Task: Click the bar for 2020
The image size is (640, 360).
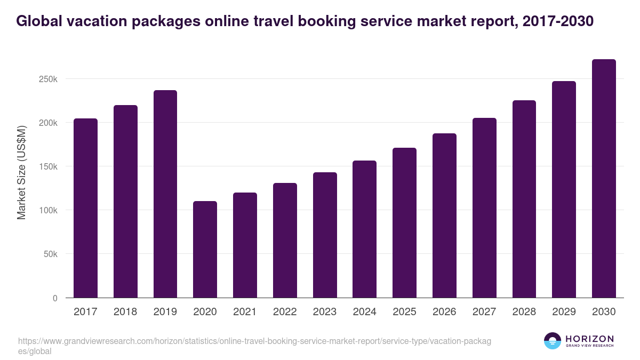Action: [x=205, y=249]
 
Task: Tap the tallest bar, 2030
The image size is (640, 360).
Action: [x=604, y=178]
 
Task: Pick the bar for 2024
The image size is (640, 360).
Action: [x=364, y=229]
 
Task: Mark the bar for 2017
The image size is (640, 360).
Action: [x=85, y=208]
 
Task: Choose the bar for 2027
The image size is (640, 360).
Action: [x=484, y=207]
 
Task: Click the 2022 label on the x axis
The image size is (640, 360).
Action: [x=285, y=312]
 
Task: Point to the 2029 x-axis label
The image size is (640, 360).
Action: [x=564, y=312]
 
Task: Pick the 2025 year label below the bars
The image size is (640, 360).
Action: [x=404, y=312]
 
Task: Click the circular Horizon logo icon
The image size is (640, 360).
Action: [x=553, y=341]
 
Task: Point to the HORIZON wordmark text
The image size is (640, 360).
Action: [x=590, y=339]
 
